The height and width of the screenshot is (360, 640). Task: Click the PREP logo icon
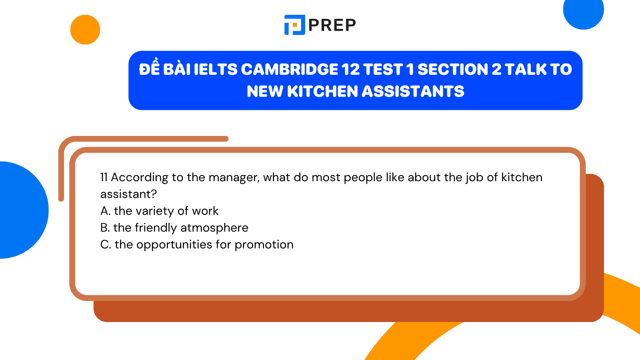coord(295,25)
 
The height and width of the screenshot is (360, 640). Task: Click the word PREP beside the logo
coord(332,25)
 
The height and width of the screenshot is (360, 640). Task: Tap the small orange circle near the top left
coord(85,30)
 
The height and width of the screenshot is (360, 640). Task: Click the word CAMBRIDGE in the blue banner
coord(290,70)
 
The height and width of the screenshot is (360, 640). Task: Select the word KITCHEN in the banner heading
coord(324,92)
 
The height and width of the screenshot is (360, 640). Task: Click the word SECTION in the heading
coord(453,70)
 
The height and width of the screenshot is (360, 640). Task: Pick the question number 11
coord(104,177)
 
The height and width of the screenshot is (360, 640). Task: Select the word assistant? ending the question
coord(128,194)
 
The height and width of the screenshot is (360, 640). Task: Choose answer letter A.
coord(105,211)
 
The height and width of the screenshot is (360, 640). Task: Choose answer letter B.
coord(105,228)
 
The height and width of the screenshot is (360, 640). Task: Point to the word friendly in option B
coord(156,228)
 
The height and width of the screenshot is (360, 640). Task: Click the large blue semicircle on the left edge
coord(22,210)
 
